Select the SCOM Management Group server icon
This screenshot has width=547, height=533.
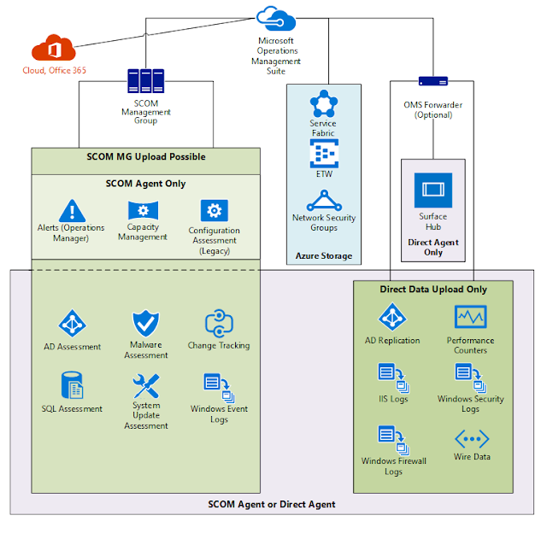145,81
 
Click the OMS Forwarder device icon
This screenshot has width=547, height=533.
432,81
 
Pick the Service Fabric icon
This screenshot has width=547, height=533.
323,104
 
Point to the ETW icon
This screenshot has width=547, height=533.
323,154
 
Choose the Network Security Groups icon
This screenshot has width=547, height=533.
323,201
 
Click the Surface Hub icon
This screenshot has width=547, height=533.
432,190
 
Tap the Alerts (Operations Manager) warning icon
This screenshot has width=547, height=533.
72,210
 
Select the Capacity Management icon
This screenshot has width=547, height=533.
143,210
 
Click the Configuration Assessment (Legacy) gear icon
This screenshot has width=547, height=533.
214,210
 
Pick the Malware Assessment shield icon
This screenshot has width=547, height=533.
145,324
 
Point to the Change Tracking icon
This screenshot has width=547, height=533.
219,324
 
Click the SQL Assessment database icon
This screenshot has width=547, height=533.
72,386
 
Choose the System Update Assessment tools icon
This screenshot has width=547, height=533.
145,386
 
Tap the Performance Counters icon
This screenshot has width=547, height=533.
470,317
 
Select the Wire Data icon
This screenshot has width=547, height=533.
470,439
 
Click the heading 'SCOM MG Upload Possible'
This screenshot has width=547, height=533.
146,157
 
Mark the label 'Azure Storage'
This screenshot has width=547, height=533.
323,255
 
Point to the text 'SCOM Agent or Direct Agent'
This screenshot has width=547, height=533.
272,504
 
